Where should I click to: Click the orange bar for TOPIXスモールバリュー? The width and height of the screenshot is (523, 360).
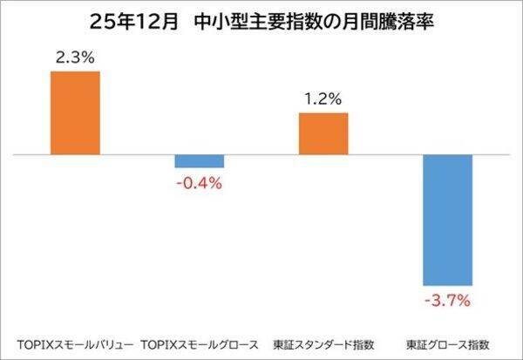coord(75,112)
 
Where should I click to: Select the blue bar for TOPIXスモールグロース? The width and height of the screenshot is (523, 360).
coord(200,161)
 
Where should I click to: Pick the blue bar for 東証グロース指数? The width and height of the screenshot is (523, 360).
coord(447,220)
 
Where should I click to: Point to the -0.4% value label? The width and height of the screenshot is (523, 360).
coord(200,184)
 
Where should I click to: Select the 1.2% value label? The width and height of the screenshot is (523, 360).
coord(323,98)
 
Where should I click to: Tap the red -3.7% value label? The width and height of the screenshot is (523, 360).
coord(447,302)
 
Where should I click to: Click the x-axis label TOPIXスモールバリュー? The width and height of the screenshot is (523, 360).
coord(75,342)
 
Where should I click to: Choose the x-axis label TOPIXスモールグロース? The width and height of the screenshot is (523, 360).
coord(200,342)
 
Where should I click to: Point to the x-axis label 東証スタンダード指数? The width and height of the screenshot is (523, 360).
coord(323,342)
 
